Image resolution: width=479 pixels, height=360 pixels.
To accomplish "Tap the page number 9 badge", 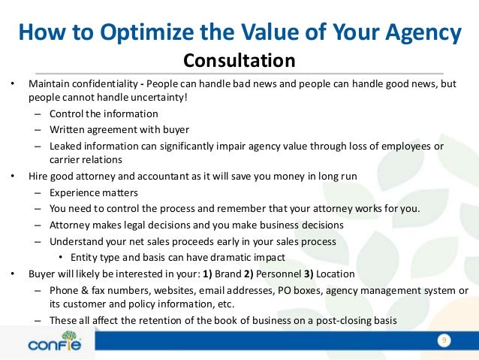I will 444,342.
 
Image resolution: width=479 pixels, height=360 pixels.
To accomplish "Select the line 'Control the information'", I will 104,113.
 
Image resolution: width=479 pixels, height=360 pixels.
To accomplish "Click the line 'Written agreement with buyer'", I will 119,129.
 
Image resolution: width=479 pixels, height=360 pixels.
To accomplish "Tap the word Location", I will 335,273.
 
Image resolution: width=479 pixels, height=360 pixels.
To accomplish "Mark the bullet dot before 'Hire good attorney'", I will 13,177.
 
